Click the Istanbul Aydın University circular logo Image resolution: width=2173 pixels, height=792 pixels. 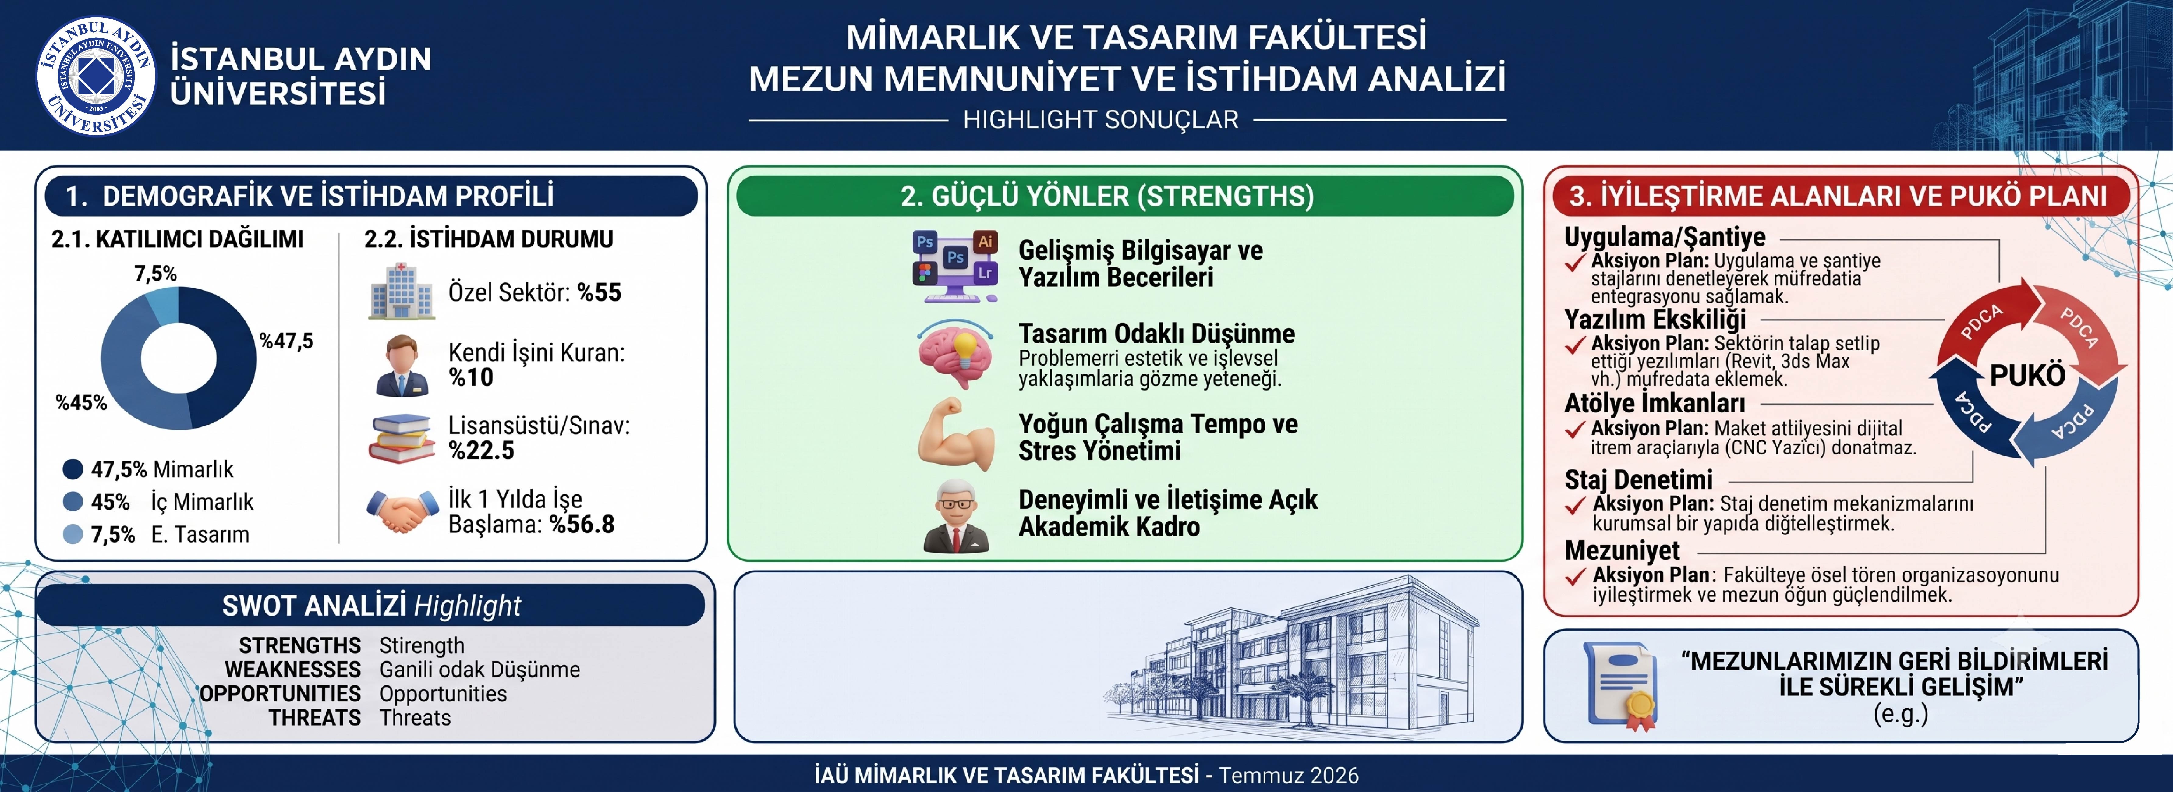(x=95, y=76)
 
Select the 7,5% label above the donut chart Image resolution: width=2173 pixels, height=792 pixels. (x=156, y=273)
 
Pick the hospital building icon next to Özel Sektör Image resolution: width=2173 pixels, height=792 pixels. (x=402, y=291)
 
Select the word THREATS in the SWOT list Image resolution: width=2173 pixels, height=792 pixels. (x=315, y=718)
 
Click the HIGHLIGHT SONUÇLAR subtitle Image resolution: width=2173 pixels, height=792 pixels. (x=1101, y=120)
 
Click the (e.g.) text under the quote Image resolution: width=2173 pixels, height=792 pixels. (x=1901, y=714)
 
